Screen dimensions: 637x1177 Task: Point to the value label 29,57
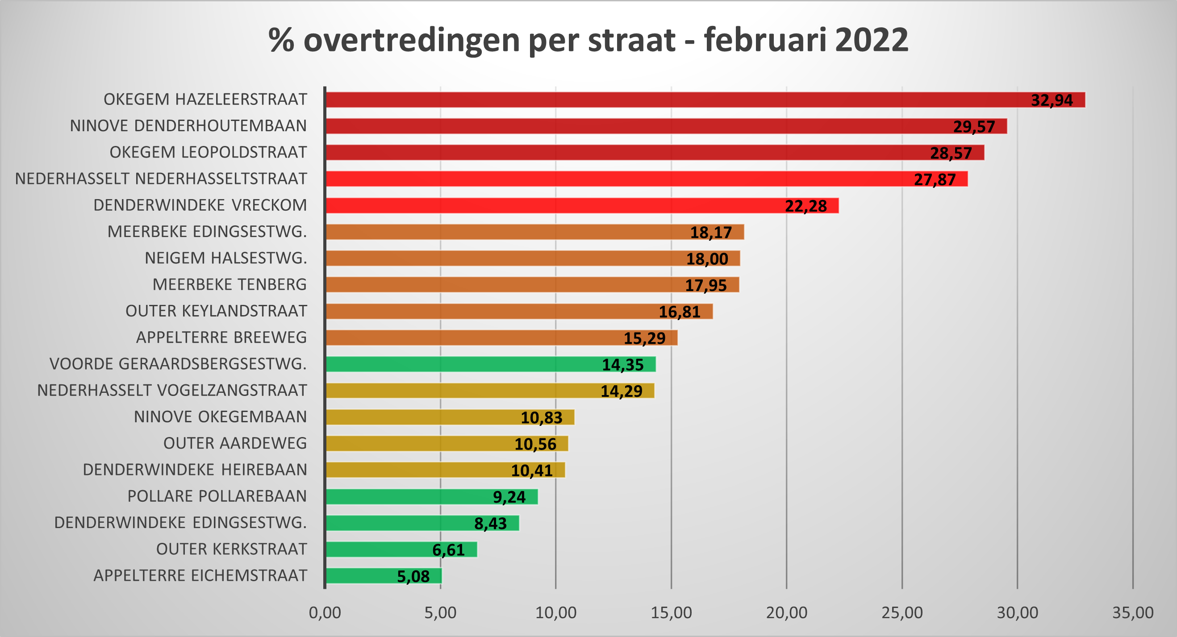click(x=974, y=126)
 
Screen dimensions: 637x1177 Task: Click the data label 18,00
click(x=707, y=259)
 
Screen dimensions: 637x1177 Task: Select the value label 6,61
click(x=448, y=550)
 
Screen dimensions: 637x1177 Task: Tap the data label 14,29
click(x=621, y=391)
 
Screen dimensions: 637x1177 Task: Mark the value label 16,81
click(x=679, y=312)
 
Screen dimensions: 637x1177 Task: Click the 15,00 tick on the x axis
click(x=671, y=613)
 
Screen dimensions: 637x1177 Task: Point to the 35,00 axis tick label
click(x=1133, y=613)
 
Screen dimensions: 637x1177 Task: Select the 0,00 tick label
click(x=325, y=613)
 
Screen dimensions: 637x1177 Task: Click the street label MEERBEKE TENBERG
click(x=230, y=284)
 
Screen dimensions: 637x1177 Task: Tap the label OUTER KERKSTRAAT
click(x=231, y=549)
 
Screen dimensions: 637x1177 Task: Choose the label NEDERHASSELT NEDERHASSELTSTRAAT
click(x=161, y=179)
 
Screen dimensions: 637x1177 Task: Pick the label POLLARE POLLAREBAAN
click(x=217, y=496)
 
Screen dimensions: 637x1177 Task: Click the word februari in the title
click(x=765, y=40)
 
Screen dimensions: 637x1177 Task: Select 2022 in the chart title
click(x=871, y=40)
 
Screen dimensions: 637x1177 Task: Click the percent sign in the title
click(x=281, y=40)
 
